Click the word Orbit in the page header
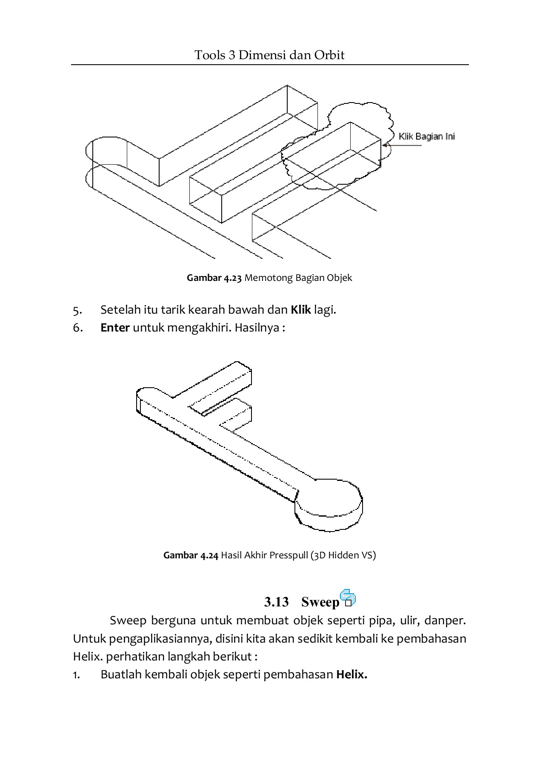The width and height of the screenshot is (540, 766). [x=329, y=55]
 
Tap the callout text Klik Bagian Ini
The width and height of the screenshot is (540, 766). [x=426, y=137]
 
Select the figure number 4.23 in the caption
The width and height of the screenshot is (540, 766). [x=233, y=278]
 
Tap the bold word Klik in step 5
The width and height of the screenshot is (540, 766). [x=300, y=310]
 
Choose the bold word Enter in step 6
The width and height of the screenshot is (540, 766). [x=115, y=328]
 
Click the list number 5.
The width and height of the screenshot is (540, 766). [x=77, y=310]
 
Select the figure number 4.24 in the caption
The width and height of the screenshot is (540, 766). [x=209, y=555]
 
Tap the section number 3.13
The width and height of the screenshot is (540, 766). [x=276, y=602]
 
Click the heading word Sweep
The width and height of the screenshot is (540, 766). [x=320, y=602]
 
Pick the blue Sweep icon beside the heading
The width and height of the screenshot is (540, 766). [x=348, y=598]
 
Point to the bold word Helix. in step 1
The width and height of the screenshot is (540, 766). [x=351, y=675]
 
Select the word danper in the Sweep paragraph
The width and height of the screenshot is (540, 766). [x=447, y=620]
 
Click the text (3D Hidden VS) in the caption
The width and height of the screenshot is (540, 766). [x=343, y=555]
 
